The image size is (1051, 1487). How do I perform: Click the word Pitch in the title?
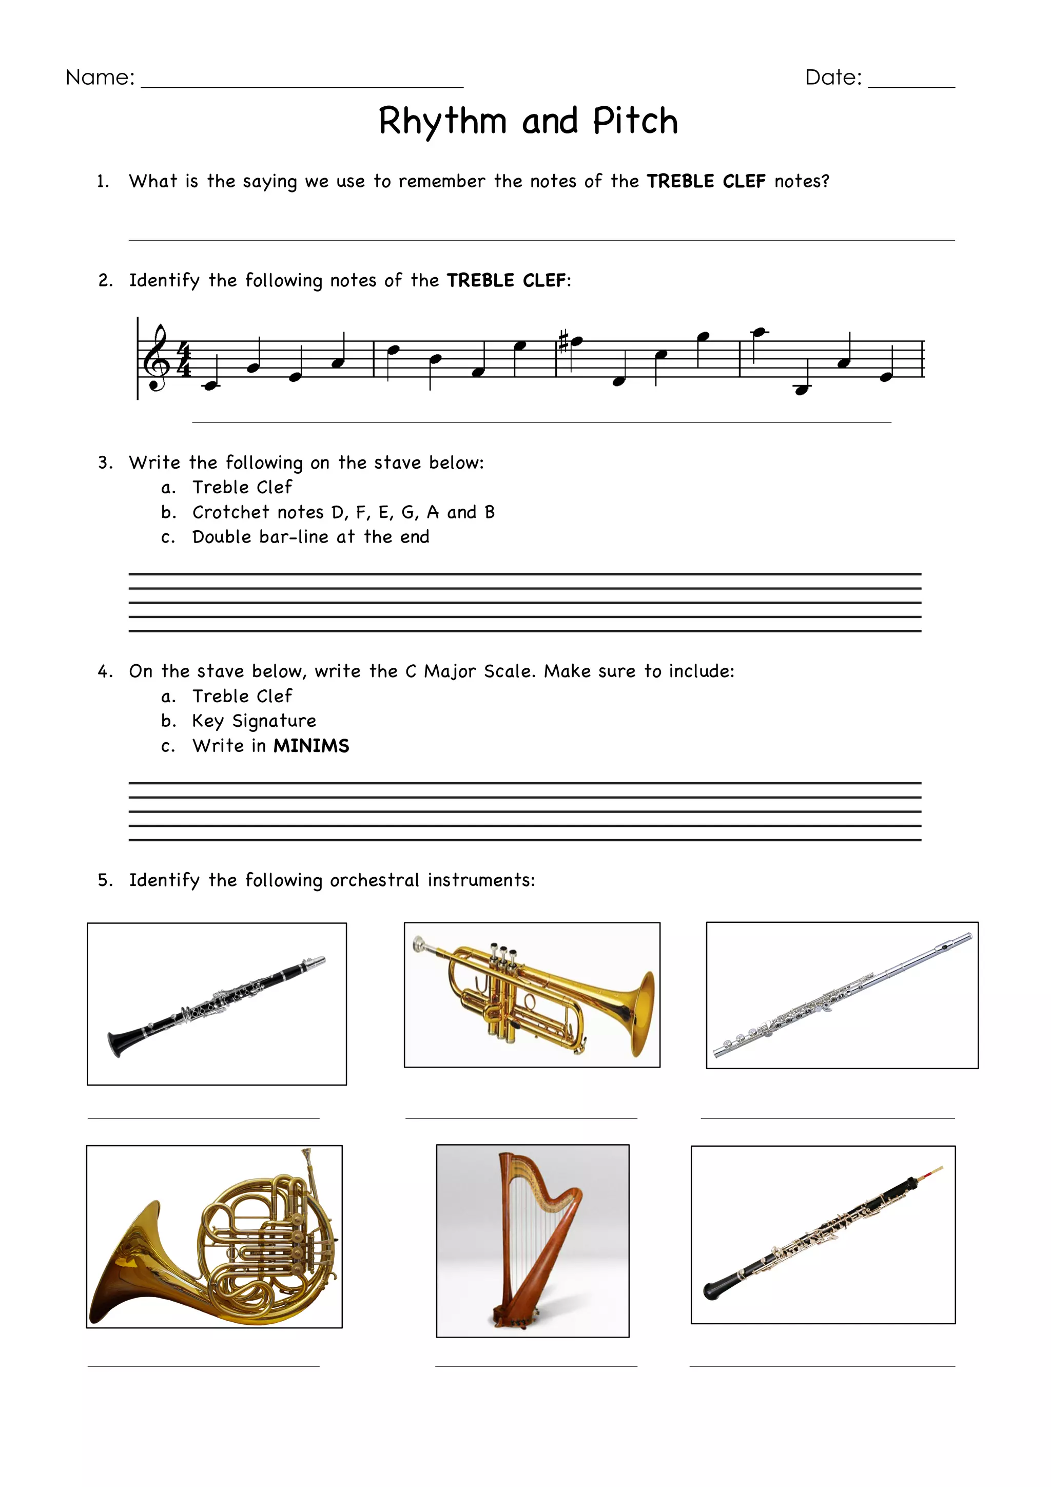[635, 121]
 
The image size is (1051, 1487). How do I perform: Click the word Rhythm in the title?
[442, 121]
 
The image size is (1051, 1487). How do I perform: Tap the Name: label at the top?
[101, 78]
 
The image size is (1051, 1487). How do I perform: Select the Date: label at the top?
[833, 78]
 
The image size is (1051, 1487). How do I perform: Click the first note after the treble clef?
[210, 385]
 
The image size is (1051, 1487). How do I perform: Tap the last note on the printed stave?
[886, 377]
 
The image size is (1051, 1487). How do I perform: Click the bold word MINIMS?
[311, 746]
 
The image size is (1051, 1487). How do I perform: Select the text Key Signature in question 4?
[254, 721]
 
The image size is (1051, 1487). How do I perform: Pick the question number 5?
[104, 880]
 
